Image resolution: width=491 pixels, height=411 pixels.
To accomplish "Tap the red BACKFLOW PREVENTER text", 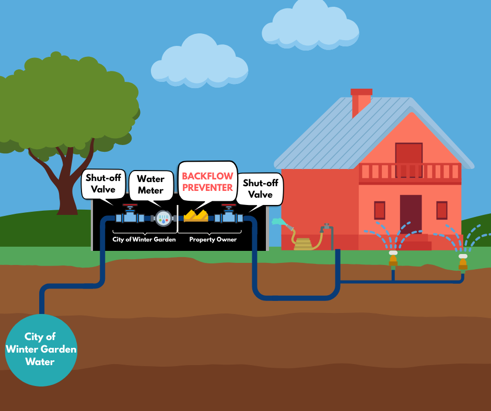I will (x=207, y=182).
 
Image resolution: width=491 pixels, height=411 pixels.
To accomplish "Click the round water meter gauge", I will (x=163, y=218).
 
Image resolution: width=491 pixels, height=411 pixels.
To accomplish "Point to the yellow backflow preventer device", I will (x=195, y=215).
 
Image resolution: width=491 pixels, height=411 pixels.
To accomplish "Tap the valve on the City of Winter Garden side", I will (x=129, y=214).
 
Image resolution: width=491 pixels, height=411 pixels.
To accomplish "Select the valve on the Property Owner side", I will (x=229, y=214).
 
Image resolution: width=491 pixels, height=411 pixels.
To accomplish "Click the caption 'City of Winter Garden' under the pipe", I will (x=144, y=239).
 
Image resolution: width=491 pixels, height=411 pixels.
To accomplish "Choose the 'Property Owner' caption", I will (x=213, y=239).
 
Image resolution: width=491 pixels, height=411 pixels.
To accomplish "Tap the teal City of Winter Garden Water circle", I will (x=41, y=349).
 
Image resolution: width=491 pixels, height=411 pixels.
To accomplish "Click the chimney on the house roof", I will (x=361, y=102).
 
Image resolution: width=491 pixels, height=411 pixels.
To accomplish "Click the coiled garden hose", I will (x=308, y=241).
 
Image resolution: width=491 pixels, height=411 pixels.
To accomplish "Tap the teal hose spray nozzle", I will (x=278, y=222).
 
